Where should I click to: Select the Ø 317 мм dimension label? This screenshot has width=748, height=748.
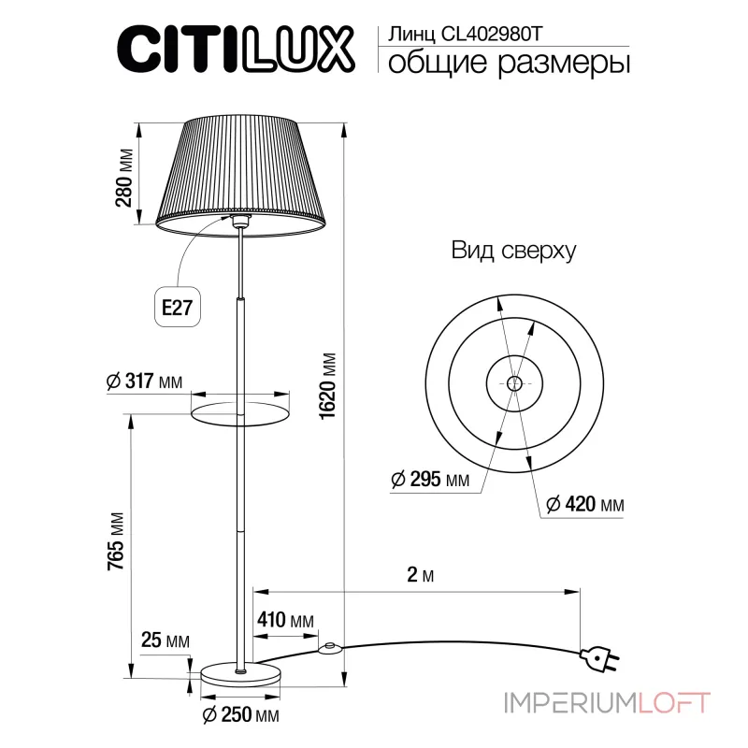[145, 381]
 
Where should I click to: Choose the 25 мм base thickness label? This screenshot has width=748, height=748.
[165, 640]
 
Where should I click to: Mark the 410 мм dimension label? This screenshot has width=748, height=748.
[284, 621]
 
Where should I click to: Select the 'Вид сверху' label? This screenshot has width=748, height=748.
[513, 250]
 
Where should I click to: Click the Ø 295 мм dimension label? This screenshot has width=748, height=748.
[431, 480]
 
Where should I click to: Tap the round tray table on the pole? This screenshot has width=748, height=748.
[239, 411]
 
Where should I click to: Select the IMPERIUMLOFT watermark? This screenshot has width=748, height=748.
[608, 701]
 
